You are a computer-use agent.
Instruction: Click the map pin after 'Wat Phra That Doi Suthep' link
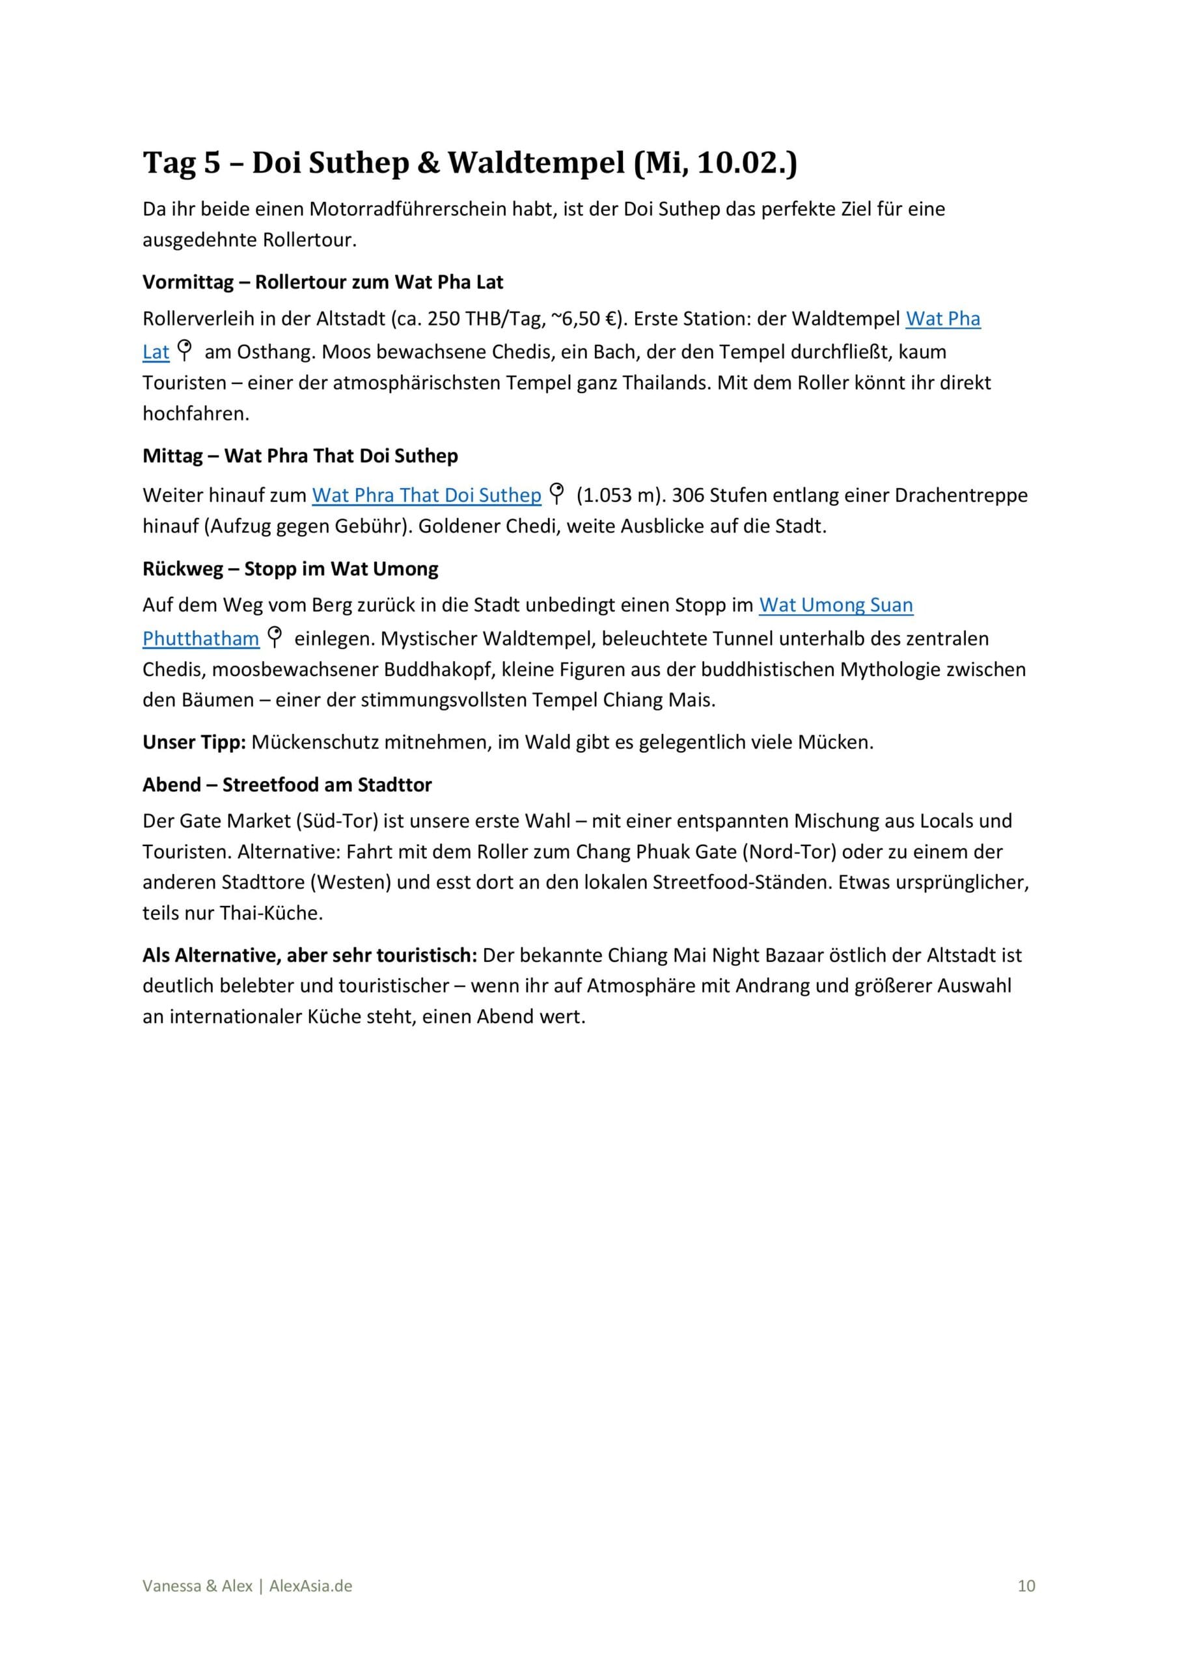tap(556, 493)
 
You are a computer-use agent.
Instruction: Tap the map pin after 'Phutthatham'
tap(275, 636)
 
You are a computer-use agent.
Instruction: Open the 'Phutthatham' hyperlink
tap(200, 638)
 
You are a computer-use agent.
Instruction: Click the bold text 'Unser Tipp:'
tap(194, 743)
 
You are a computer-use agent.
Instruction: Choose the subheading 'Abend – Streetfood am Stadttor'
tap(287, 784)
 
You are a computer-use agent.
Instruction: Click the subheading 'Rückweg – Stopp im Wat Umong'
tap(290, 568)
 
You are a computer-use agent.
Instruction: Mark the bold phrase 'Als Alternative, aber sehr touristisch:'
tap(309, 955)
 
